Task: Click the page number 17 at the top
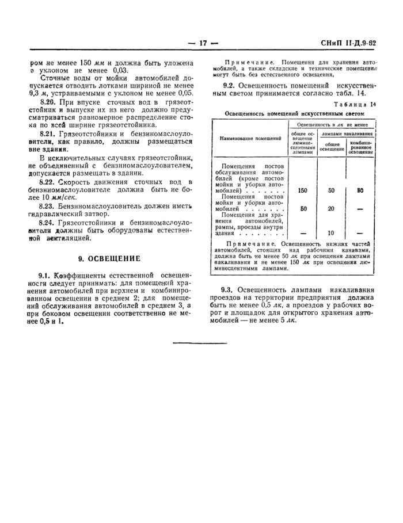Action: click(x=201, y=43)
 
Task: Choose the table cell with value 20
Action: click(x=332, y=209)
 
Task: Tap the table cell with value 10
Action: click(x=332, y=233)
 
